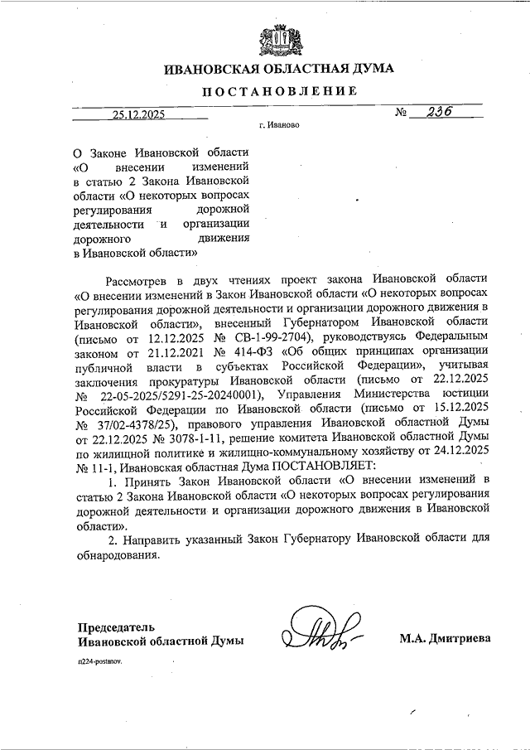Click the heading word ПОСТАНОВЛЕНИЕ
(280, 91)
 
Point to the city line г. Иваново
(277, 128)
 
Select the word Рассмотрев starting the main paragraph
(144, 278)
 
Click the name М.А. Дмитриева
(445, 638)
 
